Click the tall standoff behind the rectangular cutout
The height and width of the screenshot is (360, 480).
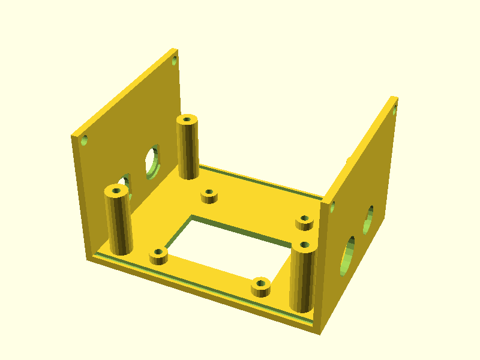point(188,147)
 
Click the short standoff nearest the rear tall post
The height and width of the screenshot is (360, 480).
point(209,196)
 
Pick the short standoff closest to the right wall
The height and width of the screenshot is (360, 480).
point(305,222)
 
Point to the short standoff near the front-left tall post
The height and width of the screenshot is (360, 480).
point(158,256)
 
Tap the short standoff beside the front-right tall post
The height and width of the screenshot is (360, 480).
point(260,287)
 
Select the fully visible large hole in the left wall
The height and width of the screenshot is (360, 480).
point(152,161)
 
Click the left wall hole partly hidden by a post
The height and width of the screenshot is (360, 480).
point(125,182)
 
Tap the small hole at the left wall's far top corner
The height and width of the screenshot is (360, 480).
point(175,61)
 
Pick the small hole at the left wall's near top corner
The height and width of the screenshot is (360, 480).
point(85,141)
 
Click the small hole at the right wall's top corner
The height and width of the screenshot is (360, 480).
point(394,110)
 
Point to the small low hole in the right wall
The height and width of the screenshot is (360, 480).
point(331,208)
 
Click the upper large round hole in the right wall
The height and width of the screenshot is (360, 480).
point(368,219)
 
